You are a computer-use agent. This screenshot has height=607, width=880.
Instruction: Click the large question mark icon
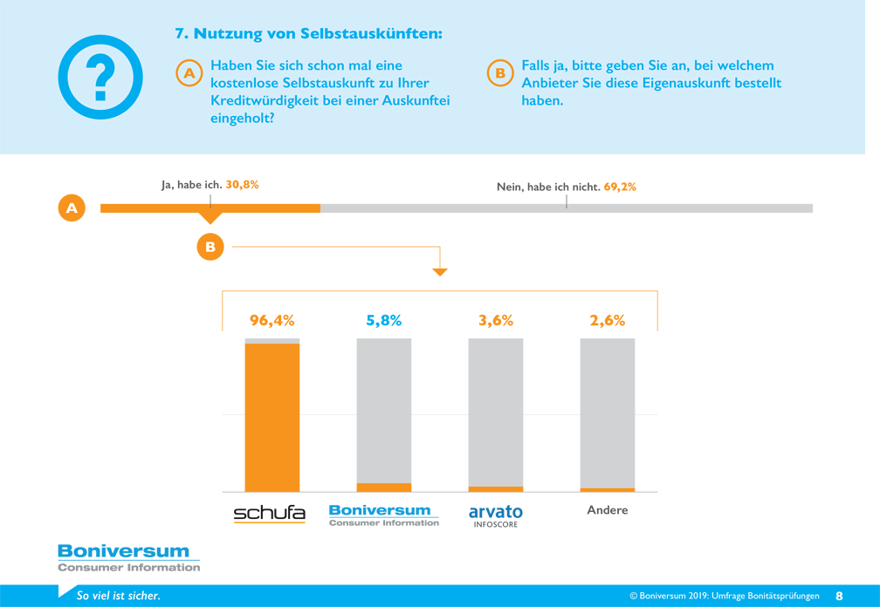point(100,77)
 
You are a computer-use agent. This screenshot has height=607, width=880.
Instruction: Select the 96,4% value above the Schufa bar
point(272,321)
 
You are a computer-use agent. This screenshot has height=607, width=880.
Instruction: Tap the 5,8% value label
point(384,321)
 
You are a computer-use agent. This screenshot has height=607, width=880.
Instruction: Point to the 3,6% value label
point(496,321)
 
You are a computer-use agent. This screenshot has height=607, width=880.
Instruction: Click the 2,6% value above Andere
point(608,321)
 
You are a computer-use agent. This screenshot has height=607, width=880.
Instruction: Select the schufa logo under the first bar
point(270,514)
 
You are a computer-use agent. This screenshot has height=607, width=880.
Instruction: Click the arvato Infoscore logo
point(496,515)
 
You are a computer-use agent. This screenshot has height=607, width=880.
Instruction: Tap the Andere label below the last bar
point(608,510)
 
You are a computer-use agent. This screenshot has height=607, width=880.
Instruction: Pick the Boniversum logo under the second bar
point(384,515)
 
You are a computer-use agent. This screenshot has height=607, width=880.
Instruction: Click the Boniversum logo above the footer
point(128,558)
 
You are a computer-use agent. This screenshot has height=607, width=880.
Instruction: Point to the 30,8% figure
point(242,184)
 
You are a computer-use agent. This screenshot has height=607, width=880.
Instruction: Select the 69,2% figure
point(620,187)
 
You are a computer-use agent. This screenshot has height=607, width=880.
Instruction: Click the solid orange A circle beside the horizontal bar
point(72,208)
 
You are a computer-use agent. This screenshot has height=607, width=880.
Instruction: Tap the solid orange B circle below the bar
point(210,247)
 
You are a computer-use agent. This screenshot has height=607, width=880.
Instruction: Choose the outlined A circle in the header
point(189,73)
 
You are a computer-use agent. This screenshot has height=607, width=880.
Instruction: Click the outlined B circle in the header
point(500,73)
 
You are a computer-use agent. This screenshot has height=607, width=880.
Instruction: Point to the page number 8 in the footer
point(839,596)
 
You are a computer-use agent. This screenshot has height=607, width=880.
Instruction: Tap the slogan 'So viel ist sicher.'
point(119,596)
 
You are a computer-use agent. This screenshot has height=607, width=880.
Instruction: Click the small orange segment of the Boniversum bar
point(384,488)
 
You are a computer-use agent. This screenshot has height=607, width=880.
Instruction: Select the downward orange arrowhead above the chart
point(440,272)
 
